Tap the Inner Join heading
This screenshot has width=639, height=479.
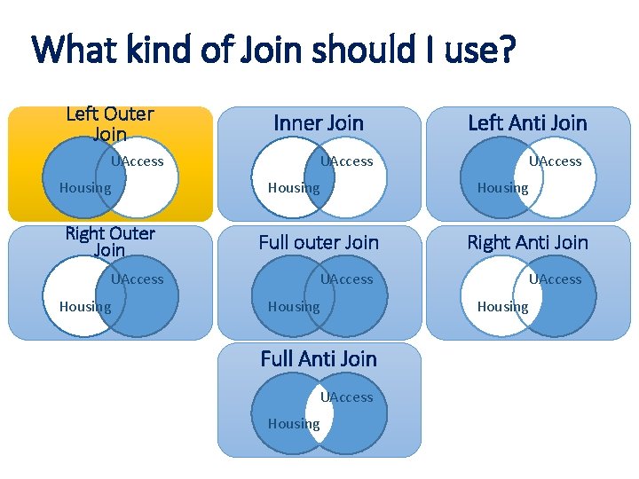[x=319, y=123]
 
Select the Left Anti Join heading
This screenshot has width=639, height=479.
[x=527, y=123]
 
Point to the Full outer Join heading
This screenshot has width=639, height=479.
[x=319, y=242]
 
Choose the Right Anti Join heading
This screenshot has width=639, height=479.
[x=527, y=242]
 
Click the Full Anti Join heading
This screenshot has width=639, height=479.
[x=319, y=359]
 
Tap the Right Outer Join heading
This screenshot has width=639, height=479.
[x=110, y=242]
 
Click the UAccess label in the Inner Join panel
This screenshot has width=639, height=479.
[x=347, y=161]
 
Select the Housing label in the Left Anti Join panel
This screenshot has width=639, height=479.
[x=502, y=188]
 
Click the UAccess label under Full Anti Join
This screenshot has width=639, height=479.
[x=347, y=397]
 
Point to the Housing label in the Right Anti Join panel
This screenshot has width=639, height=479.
[x=502, y=307]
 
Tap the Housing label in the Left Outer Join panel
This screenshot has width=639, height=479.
[x=85, y=188]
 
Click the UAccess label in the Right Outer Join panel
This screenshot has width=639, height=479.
[x=138, y=279]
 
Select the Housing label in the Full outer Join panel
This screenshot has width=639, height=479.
[x=294, y=307]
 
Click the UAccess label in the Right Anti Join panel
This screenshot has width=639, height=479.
[x=556, y=279]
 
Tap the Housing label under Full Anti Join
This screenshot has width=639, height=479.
[x=294, y=424]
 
